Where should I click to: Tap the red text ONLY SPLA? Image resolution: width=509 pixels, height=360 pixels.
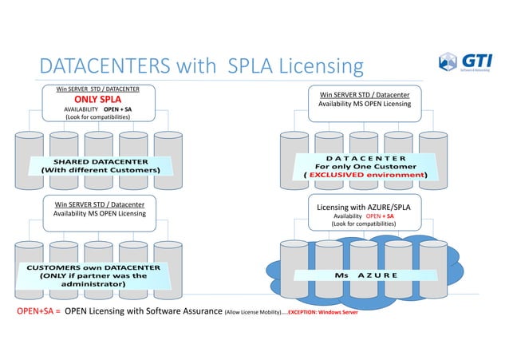[x=98, y=99]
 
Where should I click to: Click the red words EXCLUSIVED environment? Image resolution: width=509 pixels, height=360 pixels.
[x=367, y=173]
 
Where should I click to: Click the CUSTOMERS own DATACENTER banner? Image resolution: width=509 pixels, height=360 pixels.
[x=93, y=275]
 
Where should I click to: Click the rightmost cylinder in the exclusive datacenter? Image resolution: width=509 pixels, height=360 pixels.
[x=434, y=160]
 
